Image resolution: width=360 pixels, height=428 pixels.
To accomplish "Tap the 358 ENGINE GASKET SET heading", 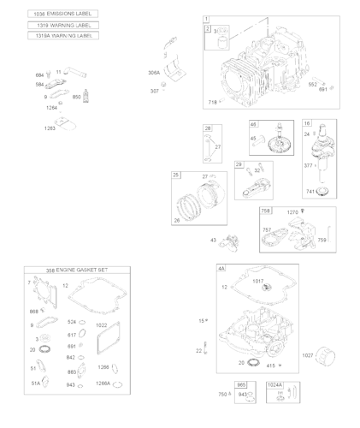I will click(77, 270).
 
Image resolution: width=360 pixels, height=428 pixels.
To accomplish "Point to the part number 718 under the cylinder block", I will click(212, 102).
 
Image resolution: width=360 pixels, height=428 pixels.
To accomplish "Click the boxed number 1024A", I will click(275, 386).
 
